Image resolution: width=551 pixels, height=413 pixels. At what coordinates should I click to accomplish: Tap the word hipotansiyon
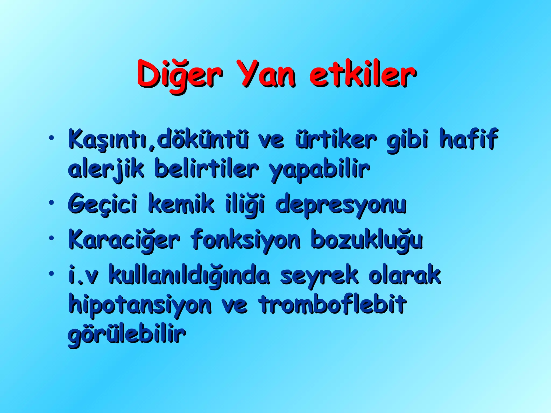coord(140,305)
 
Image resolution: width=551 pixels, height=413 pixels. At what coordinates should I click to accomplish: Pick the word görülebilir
coord(126,335)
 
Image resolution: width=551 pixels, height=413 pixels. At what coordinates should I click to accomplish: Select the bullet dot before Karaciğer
coord(51,238)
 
